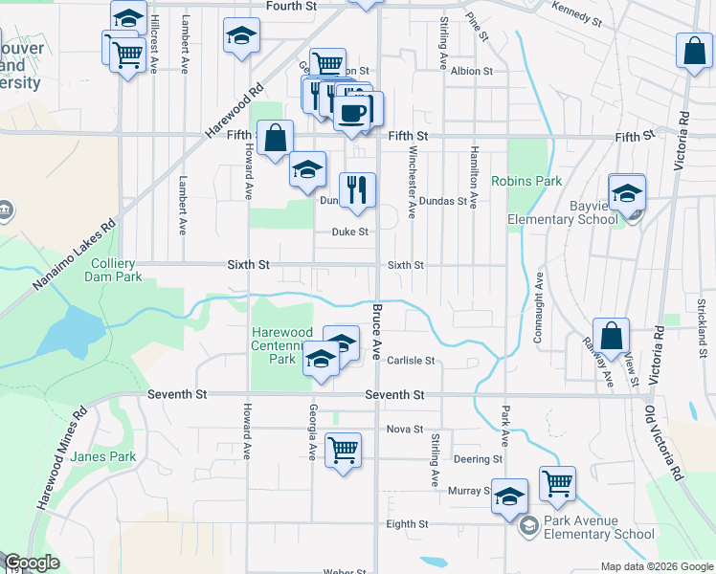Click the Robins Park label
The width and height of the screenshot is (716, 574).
coord(526,180)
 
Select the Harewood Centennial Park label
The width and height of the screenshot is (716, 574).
coord(281,345)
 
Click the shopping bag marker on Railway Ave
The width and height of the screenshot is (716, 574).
coord(612,337)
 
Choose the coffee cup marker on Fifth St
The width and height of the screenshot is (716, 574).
coord(352,112)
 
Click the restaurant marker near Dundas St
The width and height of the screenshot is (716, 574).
coord(358,188)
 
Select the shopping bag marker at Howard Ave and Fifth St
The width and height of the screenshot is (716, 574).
coord(276,137)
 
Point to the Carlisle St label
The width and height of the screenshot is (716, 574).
coord(413,361)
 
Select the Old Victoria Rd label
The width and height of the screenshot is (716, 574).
coord(666,441)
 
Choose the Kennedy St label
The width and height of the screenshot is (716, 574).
coord(576,12)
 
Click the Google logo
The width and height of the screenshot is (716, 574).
coord(32,563)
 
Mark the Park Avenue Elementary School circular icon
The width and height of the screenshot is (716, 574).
coord(528,526)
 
